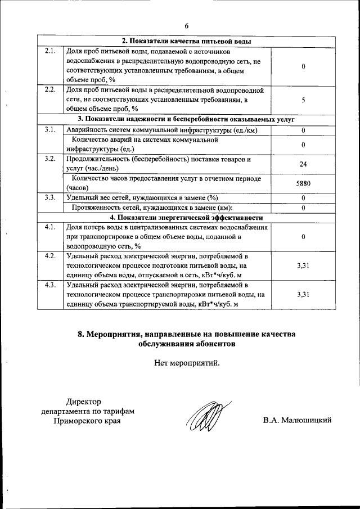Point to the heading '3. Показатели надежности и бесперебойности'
pos(187,120)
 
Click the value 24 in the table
pos(303,164)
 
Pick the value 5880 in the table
pos(303,183)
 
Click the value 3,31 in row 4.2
pos(303,266)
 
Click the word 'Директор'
pos(83,402)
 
